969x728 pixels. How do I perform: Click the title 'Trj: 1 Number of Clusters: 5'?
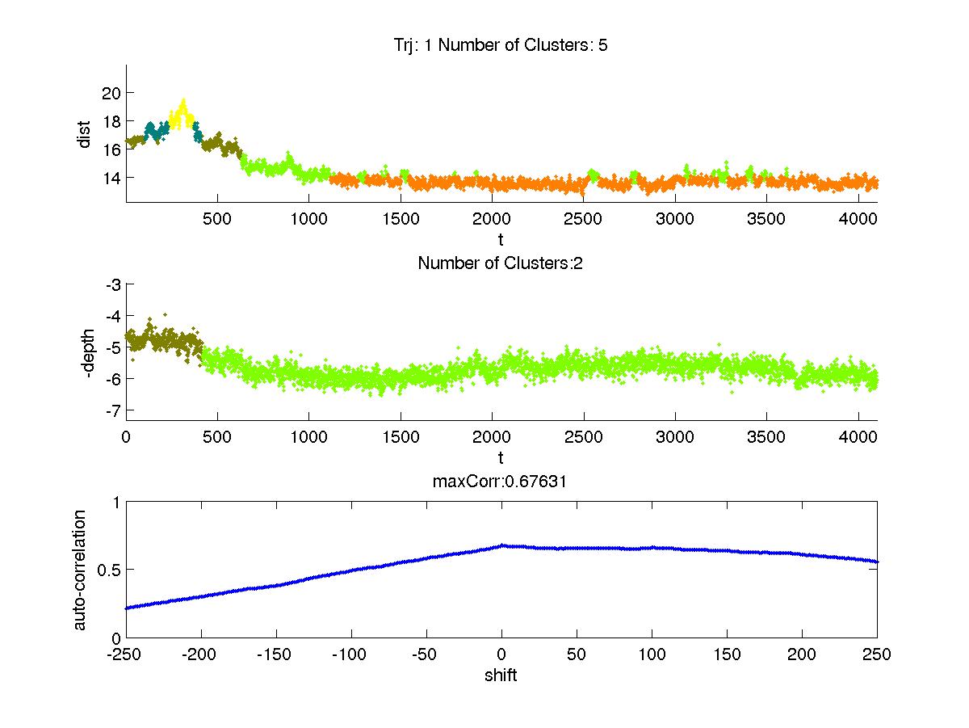[496, 45]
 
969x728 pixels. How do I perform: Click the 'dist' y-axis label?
[84, 134]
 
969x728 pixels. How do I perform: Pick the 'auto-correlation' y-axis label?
[80, 570]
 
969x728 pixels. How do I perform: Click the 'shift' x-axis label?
[501, 675]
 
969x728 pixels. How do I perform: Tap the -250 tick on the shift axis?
[126, 654]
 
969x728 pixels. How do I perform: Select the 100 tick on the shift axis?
[652, 654]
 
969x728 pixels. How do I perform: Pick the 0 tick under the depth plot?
[126, 437]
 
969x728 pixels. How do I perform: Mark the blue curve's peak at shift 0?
[501, 545]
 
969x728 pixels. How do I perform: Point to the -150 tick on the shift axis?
[276, 654]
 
